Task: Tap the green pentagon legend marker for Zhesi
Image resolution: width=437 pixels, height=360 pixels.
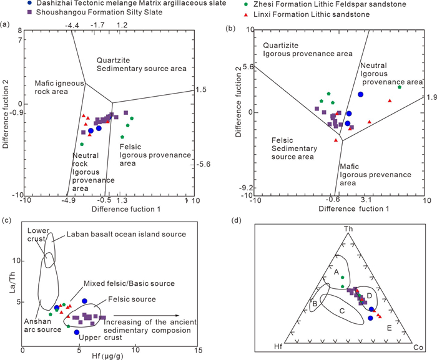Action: (247, 4)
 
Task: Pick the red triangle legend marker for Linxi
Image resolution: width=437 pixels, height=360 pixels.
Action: (246, 15)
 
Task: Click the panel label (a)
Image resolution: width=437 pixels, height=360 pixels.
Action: (5, 24)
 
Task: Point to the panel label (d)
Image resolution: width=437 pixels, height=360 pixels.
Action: (237, 221)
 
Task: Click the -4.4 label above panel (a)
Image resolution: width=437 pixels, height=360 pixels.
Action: (72, 26)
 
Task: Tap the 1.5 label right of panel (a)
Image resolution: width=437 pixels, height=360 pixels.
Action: (201, 89)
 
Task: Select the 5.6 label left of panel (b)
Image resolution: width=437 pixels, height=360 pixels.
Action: (248, 67)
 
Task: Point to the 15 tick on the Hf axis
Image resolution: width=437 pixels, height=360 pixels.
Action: (199, 350)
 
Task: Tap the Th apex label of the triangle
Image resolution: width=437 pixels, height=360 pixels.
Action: (348, 229)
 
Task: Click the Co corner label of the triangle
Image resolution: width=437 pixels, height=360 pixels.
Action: (418, 347)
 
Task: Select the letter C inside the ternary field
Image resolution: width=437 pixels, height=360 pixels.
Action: (342, 311)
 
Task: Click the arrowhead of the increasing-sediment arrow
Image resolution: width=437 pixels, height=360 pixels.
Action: (177, 316)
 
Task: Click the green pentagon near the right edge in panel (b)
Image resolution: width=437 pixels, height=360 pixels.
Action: (400, 87)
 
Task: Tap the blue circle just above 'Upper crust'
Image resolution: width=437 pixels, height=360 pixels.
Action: (77, 332)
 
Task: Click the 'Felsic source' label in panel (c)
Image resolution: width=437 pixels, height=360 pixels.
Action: (132, 299)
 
